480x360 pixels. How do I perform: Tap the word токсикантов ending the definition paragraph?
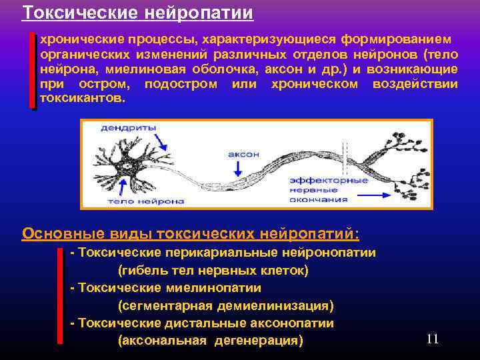[x=81, y=98]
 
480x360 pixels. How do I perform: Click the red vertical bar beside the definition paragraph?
[x=32, y=70]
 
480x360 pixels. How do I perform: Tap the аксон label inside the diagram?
[x=243, y=153]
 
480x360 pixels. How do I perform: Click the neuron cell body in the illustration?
[x=125, y=164]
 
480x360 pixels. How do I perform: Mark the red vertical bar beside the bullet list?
[x=59, y=297]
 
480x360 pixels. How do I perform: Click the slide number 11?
[x=432, y=339]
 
